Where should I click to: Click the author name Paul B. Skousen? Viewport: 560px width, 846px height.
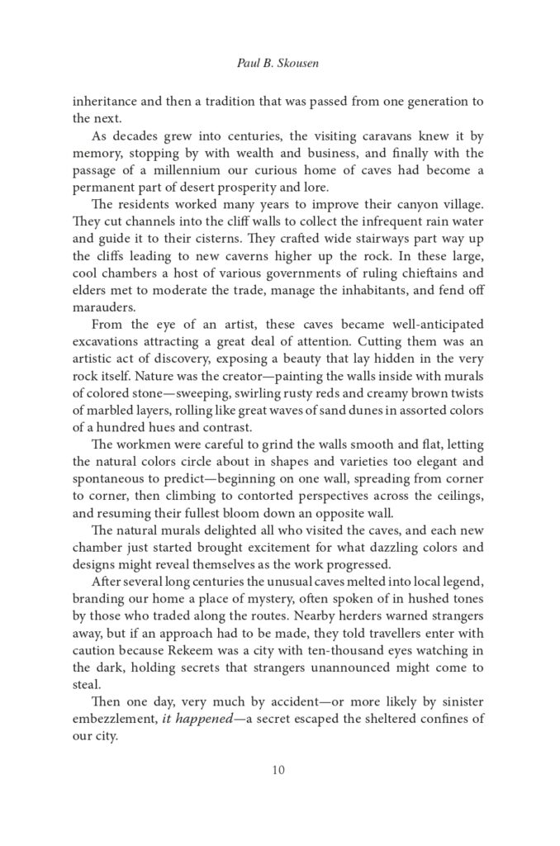[x=279, y=59]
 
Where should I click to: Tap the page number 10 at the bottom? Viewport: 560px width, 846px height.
[x=279, y=771]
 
